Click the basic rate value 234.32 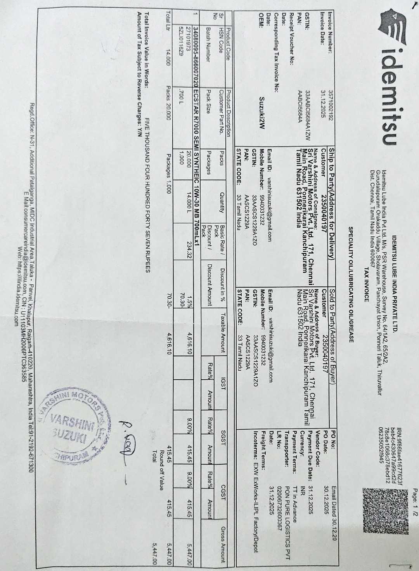pyautogui.click(x=190, y=250)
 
